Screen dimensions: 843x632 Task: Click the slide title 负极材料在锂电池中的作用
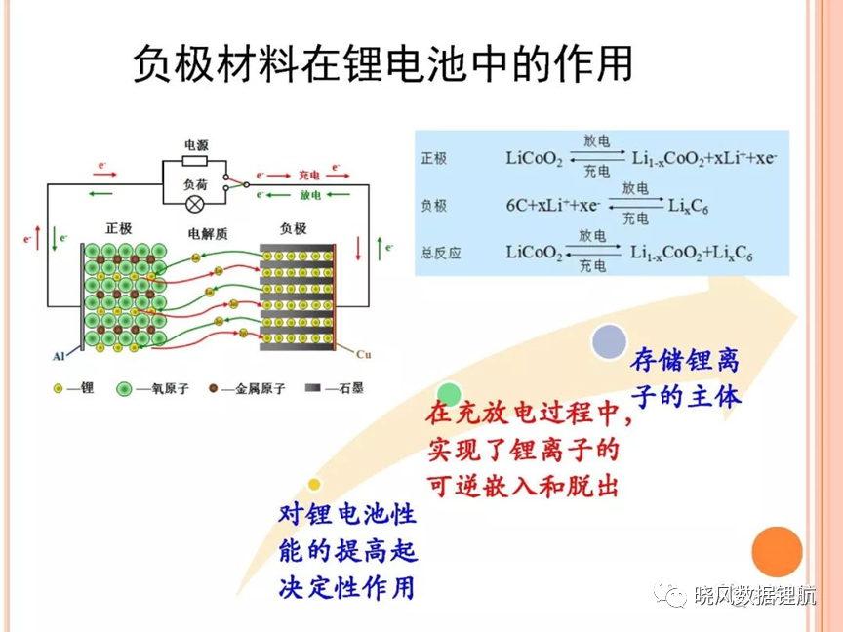click(382, 63)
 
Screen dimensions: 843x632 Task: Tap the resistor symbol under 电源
click(194, 161)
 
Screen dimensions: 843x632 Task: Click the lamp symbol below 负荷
click(194, 204)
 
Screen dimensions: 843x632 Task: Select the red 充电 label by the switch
click(308, 176)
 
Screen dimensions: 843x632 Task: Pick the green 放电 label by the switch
click(310, 194)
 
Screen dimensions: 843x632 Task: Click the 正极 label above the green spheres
click(119, 228)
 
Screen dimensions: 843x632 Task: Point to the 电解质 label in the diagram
click(208, 234)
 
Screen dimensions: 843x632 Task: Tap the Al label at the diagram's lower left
click(59, 356)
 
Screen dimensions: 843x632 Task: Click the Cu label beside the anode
click(363, 354)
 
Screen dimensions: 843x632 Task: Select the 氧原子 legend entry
click(152, 388)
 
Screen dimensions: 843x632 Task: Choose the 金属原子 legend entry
click(247, 388)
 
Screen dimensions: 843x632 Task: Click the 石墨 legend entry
click(335, 388)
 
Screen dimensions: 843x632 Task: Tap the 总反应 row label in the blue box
click(441, 254)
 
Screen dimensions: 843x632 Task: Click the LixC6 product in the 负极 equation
click(688, 206)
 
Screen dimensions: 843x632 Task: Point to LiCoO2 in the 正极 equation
click(534, 159)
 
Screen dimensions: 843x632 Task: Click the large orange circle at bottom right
click(777, 552)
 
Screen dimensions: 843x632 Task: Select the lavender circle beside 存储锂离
click(609, 341)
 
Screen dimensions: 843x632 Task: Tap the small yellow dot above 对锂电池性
click(314, 485)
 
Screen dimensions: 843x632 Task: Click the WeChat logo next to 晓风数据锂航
click(670, 594)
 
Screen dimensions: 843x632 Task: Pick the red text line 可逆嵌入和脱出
click(523, 487)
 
